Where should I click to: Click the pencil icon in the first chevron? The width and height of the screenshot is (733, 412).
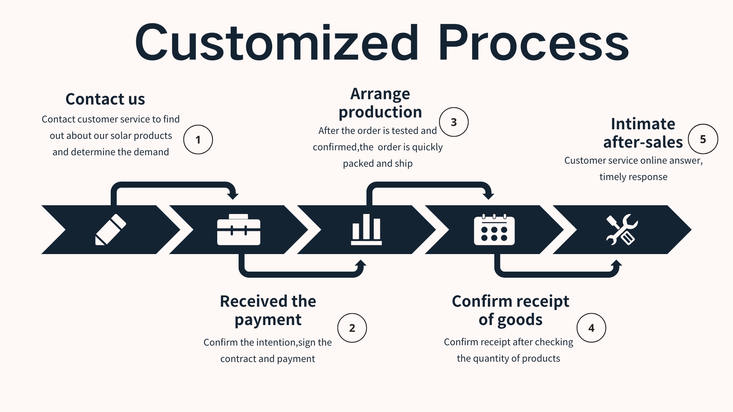[x=110, y=230]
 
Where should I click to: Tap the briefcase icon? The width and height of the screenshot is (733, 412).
[x=239, y=230]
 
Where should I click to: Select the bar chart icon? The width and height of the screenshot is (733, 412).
[x=366, y=230]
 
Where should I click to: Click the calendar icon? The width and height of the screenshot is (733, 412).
[x=494, y=230]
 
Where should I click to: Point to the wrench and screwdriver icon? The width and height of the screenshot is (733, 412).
[x=622, y=230]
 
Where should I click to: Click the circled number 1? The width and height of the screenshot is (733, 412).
[x=198, y=140]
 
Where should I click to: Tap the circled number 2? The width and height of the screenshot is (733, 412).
[x=352, y=328]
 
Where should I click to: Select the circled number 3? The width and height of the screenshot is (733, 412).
[x=454, y=122]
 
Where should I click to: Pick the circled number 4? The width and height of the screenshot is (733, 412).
[x=591, y=328]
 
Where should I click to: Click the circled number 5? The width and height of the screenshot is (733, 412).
[x=703, y=139]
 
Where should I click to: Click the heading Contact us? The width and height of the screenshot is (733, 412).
[x=105, y=99]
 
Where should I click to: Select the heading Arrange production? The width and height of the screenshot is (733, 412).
[x=380, y=103]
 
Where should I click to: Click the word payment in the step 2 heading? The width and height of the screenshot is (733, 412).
[x=268, y=320]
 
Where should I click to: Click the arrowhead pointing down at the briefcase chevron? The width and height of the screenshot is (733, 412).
[x=232, y=195]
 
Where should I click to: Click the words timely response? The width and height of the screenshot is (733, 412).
[x=633, y=177]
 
